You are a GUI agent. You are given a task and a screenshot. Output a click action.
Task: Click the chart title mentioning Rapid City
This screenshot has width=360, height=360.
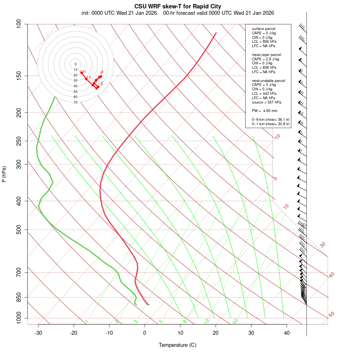178,6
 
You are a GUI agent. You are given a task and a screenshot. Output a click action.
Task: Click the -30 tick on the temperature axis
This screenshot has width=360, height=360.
38,333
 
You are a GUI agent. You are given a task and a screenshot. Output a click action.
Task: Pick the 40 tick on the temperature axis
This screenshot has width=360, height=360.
287,333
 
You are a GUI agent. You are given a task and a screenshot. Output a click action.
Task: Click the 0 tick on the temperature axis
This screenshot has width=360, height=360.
145,333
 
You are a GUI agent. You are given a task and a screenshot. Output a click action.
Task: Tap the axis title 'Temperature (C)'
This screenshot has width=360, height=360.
178,345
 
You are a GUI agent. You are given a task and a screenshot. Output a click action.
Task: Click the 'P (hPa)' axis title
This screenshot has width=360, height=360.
4,174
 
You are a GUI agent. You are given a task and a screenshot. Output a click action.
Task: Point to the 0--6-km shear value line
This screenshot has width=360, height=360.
270,120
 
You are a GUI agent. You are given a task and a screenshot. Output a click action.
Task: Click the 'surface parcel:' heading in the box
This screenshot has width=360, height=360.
264,29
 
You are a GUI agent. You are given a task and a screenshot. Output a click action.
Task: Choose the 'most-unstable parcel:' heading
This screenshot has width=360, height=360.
269,80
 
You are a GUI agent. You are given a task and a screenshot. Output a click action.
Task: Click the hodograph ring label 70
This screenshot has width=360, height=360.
75,102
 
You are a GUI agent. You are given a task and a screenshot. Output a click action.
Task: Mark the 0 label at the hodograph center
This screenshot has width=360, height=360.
75,64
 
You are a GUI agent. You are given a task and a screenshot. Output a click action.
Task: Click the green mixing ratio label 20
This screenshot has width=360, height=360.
236,321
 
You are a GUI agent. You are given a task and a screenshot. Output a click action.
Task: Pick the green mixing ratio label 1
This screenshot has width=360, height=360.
87,321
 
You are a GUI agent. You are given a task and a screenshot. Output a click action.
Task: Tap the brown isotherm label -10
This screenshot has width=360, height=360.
277,137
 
